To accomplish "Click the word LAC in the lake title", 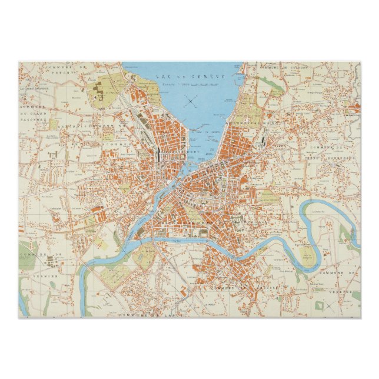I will click(x=162, y=76).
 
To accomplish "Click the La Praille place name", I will click(x=209, y=305).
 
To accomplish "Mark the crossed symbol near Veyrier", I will click(x=333, y=305).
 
